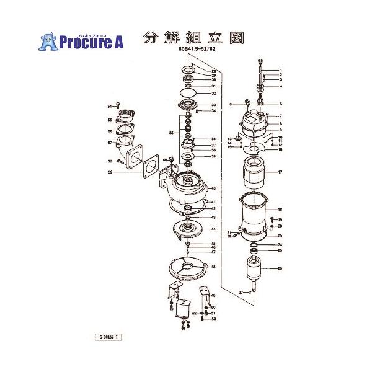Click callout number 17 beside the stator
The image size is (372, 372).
click(x=280, y=172)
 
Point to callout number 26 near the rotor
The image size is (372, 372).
click(x=280, y=268)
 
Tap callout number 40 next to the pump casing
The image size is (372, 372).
click(x=213, y=188)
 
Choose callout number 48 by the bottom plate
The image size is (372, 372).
click(x=213, y=267)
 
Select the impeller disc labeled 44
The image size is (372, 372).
click(x=188, y=229)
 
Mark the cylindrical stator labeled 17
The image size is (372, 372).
click(x=252, y=173)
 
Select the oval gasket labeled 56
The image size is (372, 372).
click(x=126, y=131)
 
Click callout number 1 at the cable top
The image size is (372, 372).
click(x=280, y=70)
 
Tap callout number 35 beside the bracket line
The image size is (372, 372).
click(x=163, y=133)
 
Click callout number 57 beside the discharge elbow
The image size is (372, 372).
click(x=109, y=143)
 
